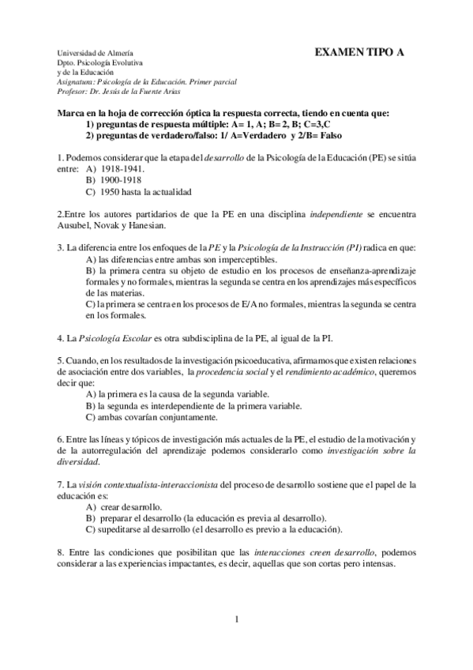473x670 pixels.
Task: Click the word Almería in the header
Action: pyautogui.click(x=118, y=51)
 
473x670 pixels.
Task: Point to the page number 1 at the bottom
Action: pyautogui.click(x=236, y=619)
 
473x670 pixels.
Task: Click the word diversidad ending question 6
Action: pyautogui.click(x=78, y=461)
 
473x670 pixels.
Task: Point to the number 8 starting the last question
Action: pyautogui.click(x=61, y=552)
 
